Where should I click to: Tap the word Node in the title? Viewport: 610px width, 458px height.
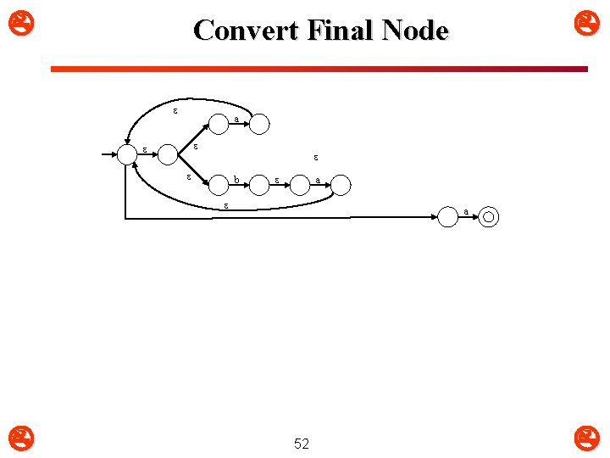pyautogui.click(x=414, y=31)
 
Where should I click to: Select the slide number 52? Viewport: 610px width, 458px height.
pyautogui.click(x=301, y=444)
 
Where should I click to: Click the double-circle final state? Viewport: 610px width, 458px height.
pyautogui.click(x=489, y=217)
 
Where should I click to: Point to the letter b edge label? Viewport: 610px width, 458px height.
pyautogui.click(x=236, y=179)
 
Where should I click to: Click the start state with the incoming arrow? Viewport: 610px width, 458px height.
pyautogui.click(x=126, y=154)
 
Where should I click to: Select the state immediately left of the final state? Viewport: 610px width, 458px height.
pyautogui.click(x=448, y=217)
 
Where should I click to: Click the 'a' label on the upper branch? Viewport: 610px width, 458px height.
pyautogui.click(x=236, y=120)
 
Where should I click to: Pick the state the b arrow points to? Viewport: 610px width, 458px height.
pyautogui.click(x=258, y=186)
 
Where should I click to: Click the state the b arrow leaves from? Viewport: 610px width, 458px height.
pyautogui.click(x=219, y=186)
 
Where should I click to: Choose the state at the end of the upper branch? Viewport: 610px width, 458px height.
pyautogui.click(x=259, y=125)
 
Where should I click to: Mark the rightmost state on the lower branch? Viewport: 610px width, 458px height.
pyautogui.click(x=340, y=186)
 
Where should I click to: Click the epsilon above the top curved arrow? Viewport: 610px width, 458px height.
pyautogui.click(x=175, y=110)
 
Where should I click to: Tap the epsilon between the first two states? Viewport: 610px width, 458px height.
pyautogui.click(x=143, y=149)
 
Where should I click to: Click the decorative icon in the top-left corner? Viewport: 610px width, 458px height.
pyautogui.click(x=16, y=16)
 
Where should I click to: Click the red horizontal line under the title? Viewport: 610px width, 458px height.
pyautogui.click(x=319, y=69)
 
